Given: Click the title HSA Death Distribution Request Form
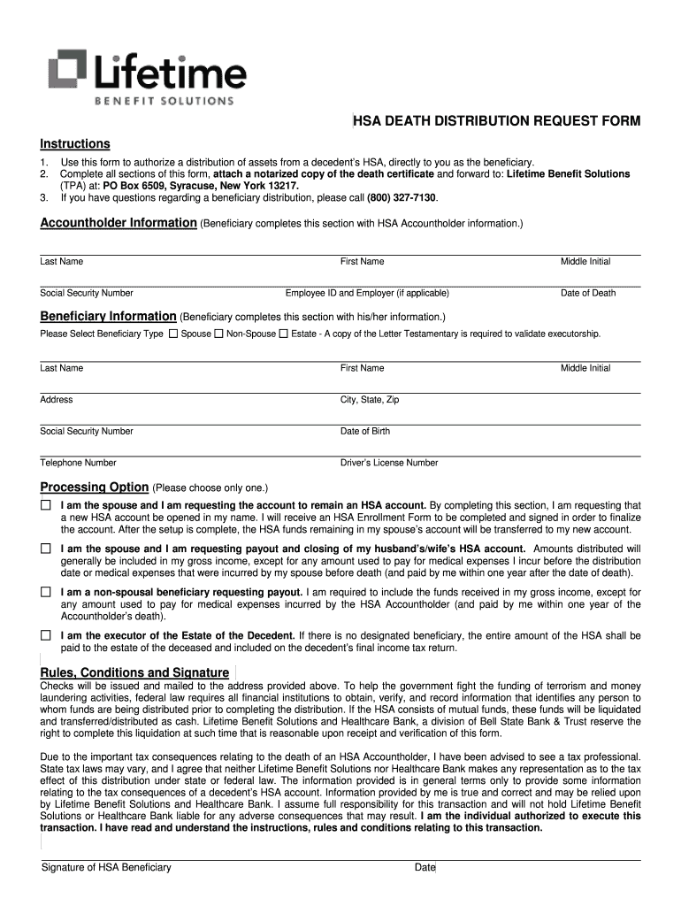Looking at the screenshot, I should (x=496, y=121).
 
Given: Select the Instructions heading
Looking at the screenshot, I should (x=75, y=144).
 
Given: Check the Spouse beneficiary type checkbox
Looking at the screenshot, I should (x=173, y=334).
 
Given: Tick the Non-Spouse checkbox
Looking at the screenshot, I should (x=218, y=334).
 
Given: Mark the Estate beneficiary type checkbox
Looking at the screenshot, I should (x=283, y=334).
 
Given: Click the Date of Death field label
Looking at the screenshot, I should (x=588, y=293).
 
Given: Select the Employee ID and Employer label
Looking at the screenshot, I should (x=367, y=293).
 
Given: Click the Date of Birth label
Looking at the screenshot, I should (x=365, y=432).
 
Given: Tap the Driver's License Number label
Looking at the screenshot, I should (x=389, y=463).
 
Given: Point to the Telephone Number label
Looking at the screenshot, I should (x=78, y=463).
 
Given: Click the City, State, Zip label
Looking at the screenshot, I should (x=370, y=400).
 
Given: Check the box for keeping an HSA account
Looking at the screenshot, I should (x=46, y=505).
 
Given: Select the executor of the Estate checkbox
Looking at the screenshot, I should (x=46, y=635).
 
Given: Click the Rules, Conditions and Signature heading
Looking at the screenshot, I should (x=135, y=672).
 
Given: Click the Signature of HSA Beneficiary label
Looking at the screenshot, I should (x=106, y=867).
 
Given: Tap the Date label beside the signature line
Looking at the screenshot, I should (x=425, y=867).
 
